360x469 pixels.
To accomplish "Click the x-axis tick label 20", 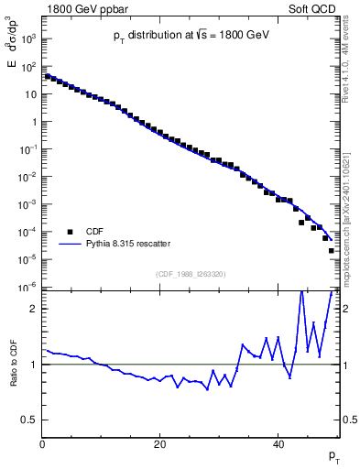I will (160, 446).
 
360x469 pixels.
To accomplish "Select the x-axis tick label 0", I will (43, 446).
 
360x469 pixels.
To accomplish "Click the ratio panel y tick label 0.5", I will (31, 420).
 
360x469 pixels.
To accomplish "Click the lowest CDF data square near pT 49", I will (332, 250).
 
